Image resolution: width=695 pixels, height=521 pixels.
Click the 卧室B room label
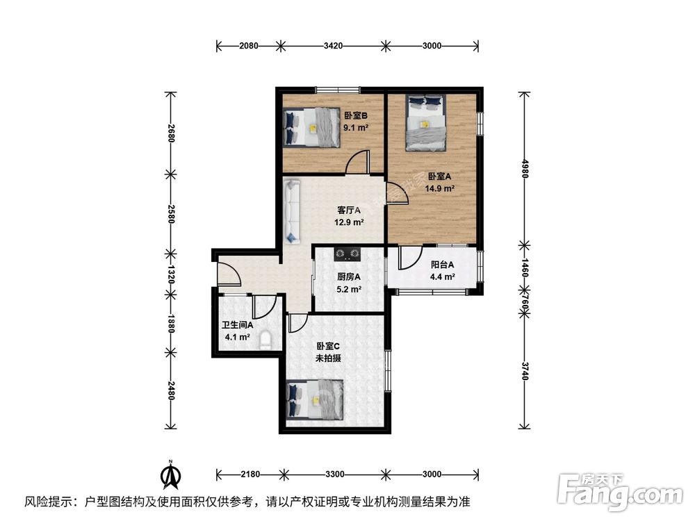click(x=355, y=116)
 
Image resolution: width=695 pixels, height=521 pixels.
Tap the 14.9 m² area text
click(x=441, y=188)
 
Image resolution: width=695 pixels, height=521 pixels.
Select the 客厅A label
click(x=348, y=210)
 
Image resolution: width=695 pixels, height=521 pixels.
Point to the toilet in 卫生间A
click(x=265, y=341)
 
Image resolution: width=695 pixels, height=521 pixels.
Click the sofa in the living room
click(x=292, y=210)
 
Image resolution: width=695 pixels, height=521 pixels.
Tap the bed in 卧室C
click(x=315, y=401)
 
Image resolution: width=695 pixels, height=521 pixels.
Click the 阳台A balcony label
click(x=442, y=265)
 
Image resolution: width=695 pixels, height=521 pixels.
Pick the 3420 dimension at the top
click(x=334, y=47)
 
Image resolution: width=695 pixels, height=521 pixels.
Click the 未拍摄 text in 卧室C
click(x=327, y=358)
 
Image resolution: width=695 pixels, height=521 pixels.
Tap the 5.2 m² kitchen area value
click(x=349, y=290)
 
